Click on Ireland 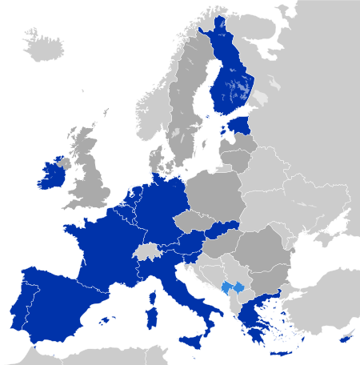[x=54, y=175]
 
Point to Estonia [x=238, y=126]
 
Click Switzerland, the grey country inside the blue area [x=146, y=251]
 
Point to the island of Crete [x=281, y=353]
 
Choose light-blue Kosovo [x=233, y=287]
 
